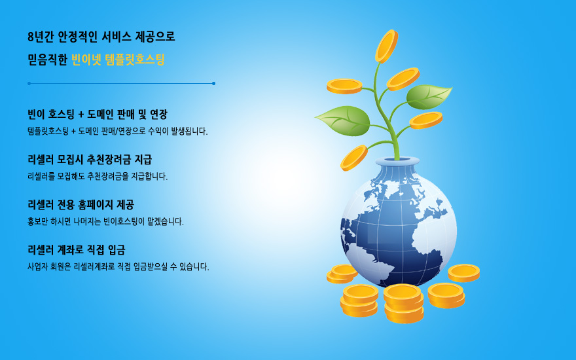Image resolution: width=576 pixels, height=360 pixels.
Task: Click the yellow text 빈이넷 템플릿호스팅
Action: [118, 60]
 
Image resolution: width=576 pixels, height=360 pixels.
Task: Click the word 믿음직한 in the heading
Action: [47, 60]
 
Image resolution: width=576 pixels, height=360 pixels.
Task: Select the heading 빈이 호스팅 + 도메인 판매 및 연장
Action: [98, 115]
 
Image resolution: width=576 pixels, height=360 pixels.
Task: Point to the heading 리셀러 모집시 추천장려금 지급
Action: [90, 160]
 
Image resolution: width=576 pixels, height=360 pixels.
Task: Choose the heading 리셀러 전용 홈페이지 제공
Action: [81, 205]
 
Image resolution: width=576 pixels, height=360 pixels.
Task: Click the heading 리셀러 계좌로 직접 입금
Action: [77, 250]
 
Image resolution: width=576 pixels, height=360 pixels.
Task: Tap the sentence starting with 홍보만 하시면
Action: [105, 221]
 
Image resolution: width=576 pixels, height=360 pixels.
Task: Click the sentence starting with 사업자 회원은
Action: [118, 266]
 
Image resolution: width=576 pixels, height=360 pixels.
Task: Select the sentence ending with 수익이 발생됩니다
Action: [118, 131]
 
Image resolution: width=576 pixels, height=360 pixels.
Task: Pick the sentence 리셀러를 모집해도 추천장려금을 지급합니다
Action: [98, 176]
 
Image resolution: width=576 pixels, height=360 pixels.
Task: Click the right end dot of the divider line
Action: [214, 83]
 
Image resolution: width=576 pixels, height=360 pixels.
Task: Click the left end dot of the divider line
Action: [29, 83]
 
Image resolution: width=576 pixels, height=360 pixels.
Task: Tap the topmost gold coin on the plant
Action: [386, 46]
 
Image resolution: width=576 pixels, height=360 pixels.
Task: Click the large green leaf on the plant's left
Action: [343, 120]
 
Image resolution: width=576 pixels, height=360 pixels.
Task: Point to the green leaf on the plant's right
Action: [429, 97]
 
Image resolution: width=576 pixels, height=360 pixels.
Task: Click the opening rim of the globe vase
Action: [397, 161]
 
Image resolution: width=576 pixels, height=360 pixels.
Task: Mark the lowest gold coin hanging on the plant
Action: [353, 158]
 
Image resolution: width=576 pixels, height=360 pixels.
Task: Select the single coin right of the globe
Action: [463, 273]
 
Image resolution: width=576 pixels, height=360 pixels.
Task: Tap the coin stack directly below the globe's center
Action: [403, 304]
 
